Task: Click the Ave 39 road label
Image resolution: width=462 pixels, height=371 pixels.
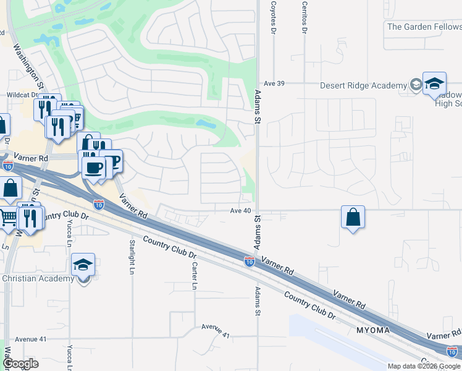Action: coord(273,83)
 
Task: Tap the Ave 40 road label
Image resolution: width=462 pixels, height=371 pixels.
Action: coord(241,211)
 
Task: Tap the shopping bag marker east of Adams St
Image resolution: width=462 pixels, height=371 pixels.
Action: coord(353,218)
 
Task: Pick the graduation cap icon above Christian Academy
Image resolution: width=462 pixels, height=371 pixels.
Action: coord(83,265)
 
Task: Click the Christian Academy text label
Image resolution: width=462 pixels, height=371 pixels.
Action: coord(38,279)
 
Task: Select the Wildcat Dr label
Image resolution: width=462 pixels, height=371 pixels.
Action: coord(22,96)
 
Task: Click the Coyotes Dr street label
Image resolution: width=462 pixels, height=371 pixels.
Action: coord(272,17)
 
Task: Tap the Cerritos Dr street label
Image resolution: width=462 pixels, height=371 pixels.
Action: coord(304,17)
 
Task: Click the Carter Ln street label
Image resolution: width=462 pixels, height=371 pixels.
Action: coord(194,276)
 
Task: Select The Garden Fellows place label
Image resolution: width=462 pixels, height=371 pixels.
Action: coord(424,27)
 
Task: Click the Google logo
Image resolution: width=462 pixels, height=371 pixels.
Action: coord(20,364)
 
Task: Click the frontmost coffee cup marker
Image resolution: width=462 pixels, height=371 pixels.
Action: coord(94,167)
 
